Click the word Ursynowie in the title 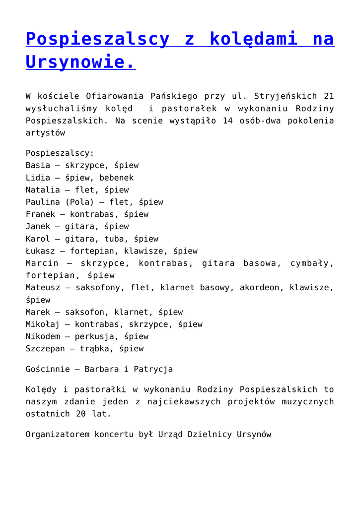pos(80,63)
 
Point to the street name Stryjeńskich pos(284,96)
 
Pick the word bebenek pos(116,178)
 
